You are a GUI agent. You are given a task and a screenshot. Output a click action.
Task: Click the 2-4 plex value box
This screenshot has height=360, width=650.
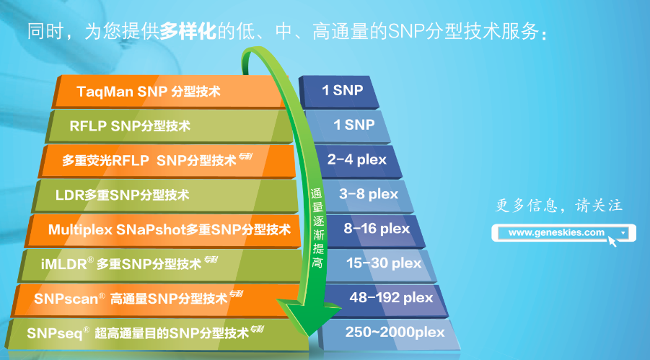[x=356, y=159]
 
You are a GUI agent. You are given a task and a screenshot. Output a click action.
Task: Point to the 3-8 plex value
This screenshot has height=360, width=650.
[x=368, y=194]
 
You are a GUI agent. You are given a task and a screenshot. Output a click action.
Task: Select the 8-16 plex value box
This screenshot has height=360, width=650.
[x=376, y=229]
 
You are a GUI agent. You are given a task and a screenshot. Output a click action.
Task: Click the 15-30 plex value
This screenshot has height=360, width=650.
[x=383, y=263]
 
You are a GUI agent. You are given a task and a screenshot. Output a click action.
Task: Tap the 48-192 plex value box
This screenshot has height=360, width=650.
[x=390, y=297]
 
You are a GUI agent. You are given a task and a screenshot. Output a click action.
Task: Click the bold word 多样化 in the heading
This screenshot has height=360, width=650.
[x=188, y=31]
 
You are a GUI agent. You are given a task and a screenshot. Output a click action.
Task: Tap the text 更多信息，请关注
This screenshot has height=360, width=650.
[x=558, y=206]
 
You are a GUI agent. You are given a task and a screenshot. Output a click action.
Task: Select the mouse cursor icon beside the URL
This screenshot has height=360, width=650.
[x=612, y=240]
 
